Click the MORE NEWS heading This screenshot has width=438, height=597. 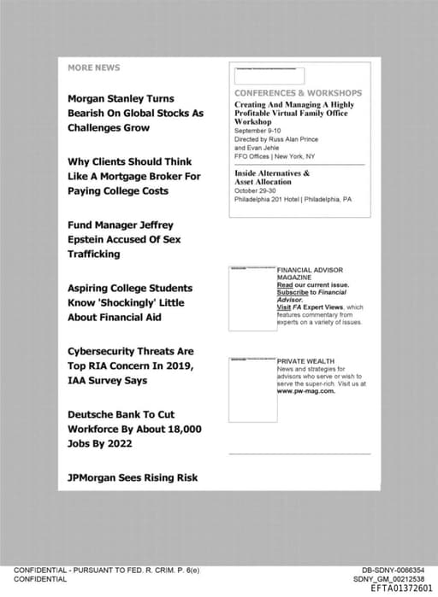point(94,67)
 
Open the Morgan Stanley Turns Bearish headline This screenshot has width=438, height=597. point(135,113)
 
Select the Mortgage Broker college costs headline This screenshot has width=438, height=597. point(133,176)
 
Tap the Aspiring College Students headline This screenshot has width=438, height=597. point(129,302)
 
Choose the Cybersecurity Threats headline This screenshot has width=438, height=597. point(131,366)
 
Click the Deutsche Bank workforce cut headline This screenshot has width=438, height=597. point(134,429)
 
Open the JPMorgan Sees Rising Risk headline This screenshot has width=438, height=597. point(133,477)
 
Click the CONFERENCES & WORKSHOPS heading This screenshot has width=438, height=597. point(298,92)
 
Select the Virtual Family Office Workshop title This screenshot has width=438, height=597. point(294,113)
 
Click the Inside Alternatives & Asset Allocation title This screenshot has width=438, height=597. point(272,178)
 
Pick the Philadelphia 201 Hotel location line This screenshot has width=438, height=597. point(293,199)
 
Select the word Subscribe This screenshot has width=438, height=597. point(292,292)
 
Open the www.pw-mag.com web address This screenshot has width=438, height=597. point(305,391)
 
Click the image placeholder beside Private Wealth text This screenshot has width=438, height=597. point(252,389)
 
